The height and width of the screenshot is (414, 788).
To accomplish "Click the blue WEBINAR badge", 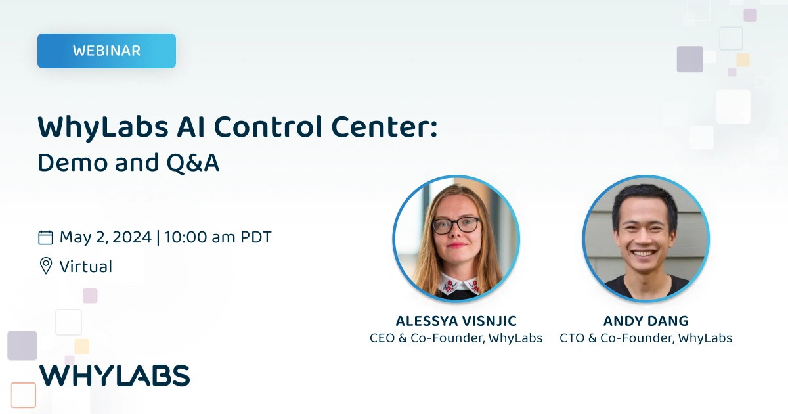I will tap(106, 51).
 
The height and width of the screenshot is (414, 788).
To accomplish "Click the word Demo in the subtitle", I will tap(71, 163).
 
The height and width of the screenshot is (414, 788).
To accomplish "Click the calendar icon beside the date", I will tap(45, 237).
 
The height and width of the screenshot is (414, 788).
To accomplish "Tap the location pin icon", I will tap(45, 266).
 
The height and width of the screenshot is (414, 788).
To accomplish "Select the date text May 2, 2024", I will tap(105, 237).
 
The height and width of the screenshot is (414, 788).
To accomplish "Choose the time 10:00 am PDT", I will tap(218, 237).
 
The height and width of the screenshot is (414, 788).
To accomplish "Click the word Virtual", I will tap(86, 266).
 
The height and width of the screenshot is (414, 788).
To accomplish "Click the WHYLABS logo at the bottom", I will tap(114, 375).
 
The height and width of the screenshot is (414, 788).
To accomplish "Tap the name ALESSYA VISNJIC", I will tap(456, 321).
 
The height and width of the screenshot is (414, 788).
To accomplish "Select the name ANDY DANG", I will tap(646, 321).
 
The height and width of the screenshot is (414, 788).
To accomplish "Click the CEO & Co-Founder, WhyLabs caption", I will tap(456, 338).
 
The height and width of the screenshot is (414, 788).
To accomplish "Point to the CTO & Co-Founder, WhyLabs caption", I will tap(646, 338).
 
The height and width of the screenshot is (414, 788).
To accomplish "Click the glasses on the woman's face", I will tap(456, 225).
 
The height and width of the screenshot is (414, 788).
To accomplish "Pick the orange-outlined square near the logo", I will tap(23, 395).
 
